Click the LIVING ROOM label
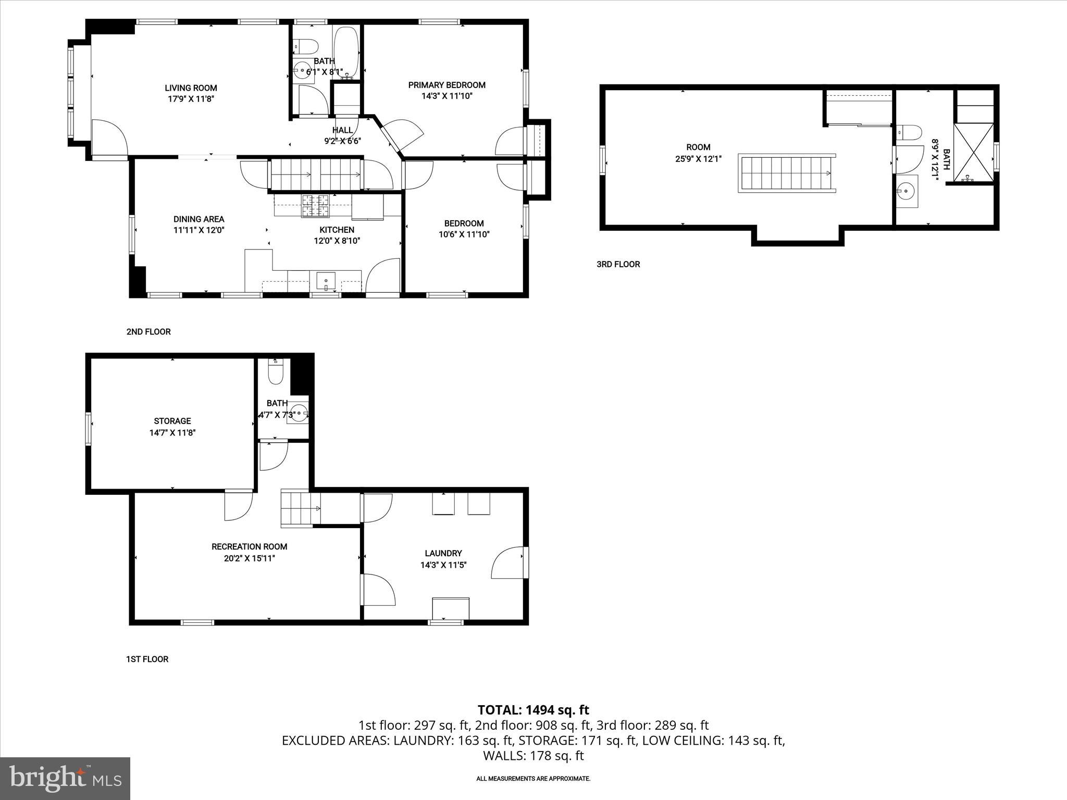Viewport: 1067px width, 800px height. [x=191, y=88]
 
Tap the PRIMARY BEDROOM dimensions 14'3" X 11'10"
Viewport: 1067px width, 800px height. [x=446, y=96]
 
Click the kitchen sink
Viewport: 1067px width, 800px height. [x=327, y=281]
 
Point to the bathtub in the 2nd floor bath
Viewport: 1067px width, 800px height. [x=346, y=53]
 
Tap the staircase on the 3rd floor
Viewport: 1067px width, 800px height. [x=787, y=173]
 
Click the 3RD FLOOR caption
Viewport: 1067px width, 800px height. [x=618, y=264]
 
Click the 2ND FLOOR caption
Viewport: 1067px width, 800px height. [x=148, y=332]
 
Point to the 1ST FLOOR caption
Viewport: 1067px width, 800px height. [x=147, y=659]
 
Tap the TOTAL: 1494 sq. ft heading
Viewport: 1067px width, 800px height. [x=533, y=710]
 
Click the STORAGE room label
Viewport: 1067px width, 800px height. [x=172, y=421]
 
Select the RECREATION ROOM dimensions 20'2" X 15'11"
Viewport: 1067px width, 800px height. [x=249, y=558]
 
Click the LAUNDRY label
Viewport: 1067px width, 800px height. [x=443, y=553]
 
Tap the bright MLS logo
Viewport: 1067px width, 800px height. [x=65, y=779]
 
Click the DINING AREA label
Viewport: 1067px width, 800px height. [x=199, y=219]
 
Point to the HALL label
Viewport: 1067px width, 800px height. [x=342, y=130]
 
